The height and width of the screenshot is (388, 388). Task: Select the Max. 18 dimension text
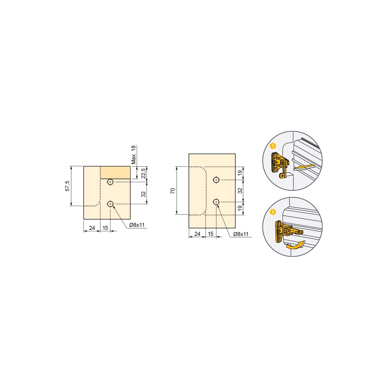(133, 155)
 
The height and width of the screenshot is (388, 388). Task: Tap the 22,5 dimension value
(143, 174)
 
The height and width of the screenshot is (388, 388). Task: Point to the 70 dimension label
(173, 191)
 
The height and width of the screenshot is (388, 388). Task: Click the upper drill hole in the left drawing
(110, 182)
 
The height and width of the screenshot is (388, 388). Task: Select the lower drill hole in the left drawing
(110, 204)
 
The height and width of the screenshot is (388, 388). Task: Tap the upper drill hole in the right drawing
(216, 180)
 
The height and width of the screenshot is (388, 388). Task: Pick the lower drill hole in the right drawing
(216, 202)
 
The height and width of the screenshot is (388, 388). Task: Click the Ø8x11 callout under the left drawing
(137, 225)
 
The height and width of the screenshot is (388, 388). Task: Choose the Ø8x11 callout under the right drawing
(241, 234)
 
